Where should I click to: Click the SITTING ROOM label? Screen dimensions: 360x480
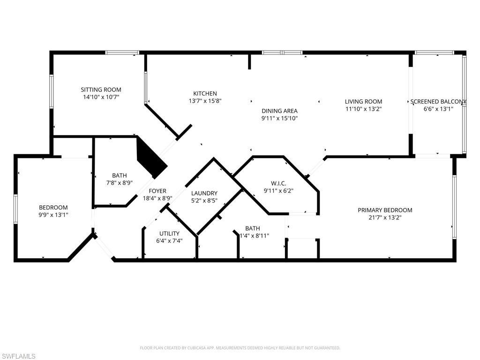(101, 90)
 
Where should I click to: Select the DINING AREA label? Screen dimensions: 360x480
(279, 111)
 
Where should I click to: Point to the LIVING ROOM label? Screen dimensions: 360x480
(363, 101)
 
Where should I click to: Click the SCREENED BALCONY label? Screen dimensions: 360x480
(438, 101)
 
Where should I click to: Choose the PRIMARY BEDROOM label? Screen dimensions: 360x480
(385, 210)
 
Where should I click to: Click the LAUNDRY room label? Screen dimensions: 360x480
(204, 193)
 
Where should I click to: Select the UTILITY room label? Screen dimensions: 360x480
(169, 233)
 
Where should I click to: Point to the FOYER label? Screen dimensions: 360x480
(157, 191)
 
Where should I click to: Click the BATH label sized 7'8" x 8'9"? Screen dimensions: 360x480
(119, 176)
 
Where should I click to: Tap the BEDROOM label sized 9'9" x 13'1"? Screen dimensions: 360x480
(53, 207)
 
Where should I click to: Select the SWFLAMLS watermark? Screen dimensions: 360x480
(18, 356)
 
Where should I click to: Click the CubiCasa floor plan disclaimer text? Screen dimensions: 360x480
(240, 348)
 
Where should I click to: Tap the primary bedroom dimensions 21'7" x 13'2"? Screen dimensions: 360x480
(385, 217)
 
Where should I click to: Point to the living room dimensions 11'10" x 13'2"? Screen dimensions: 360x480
(363, 109)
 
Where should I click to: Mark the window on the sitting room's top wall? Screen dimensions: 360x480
(122, 52)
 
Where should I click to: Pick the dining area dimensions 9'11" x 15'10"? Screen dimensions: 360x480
(279, 118)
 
